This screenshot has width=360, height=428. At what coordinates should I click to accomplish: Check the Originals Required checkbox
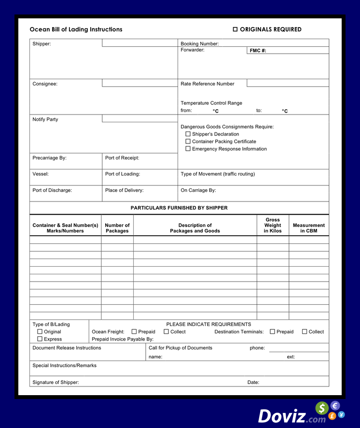235,29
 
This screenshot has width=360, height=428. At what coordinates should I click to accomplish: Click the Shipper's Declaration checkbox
188,134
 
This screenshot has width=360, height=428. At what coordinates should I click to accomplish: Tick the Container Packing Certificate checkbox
188,142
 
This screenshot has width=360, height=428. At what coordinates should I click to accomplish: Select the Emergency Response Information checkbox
188,149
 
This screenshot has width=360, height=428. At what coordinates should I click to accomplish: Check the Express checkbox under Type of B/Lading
40,339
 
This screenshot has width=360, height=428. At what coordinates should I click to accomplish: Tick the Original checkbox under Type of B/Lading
40,332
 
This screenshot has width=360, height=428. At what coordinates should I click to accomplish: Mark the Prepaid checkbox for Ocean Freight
134,332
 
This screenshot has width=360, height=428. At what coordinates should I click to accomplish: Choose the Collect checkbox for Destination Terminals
305,332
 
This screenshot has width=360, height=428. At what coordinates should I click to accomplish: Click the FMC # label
258,51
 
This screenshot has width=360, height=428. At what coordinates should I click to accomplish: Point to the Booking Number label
199,44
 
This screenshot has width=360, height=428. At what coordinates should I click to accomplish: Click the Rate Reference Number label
207,84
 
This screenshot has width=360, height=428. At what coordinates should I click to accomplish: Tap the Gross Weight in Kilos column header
273,225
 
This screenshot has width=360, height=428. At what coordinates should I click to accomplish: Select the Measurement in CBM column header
309,228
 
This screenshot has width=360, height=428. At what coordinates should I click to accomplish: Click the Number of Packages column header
117,228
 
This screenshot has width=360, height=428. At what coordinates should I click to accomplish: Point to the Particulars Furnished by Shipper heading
179,208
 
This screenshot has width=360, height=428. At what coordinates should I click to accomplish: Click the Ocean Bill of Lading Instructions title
76,29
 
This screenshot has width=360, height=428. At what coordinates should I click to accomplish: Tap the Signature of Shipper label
55,383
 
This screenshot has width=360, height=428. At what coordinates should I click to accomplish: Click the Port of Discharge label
52,190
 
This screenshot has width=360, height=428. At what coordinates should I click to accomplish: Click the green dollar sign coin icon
322,409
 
